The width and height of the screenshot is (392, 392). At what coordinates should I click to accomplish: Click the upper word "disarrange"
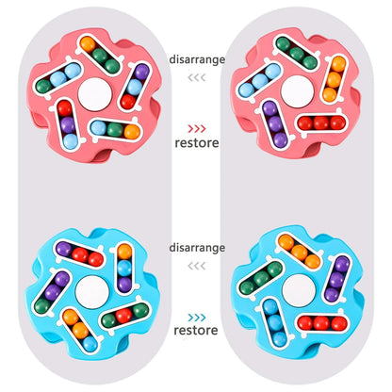pyautogui.click(x=197, y=59)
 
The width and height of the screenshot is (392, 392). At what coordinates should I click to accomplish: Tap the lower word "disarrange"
pyautogui.click(x=197, y=248)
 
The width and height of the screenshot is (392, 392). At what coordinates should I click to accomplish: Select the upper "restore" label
pyautogui.click(x=197, y=143)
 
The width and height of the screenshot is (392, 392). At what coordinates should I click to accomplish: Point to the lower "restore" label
pyautogui.click(x=196, y=330)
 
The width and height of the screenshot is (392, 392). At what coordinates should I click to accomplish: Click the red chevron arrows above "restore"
pyautogui.click(x=197, y=129)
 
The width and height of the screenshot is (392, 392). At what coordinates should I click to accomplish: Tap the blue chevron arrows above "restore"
pyautogui.click(x=197, y=318)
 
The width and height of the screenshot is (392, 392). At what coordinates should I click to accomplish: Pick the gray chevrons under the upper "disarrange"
pyautogui.click(x=197, y=77)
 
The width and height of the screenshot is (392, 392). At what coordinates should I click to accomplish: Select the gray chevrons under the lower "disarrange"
pyautogui.click(x=197, y=266)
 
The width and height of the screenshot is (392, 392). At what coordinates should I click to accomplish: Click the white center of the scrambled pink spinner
pyautogui.click(x=95, y=94)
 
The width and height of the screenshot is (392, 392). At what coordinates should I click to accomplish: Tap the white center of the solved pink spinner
pyautogui.click(x=297, y=91)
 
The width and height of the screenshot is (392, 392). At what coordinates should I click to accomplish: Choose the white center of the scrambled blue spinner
pyautogui.click(x=92, y=292)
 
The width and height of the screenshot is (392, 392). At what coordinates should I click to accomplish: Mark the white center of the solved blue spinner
pyautogui.click(x=299, y=291)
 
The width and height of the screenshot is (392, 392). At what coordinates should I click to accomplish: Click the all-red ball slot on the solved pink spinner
pyautogui.click(x=321, y=123)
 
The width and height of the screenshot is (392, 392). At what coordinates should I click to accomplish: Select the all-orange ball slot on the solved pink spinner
pyautogui.click(x=334, y=78)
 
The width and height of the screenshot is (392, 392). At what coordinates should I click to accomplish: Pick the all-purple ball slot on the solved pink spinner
pyautogui.click(x=275, y=123)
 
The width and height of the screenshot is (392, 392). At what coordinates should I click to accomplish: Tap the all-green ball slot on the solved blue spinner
pyautogui.click(x=261, y=278)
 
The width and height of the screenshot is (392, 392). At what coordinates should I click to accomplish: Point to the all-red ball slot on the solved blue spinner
pyautogui.click(x=322, y=323)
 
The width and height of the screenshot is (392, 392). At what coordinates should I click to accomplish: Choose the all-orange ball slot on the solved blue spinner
pyautogui.click(x=300, y=252)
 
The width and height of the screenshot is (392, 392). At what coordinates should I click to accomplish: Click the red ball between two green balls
pyautogui.click(x=123, y=315)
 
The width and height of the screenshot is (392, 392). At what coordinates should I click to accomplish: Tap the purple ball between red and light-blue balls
pyautogui.click(x=68, y=124)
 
